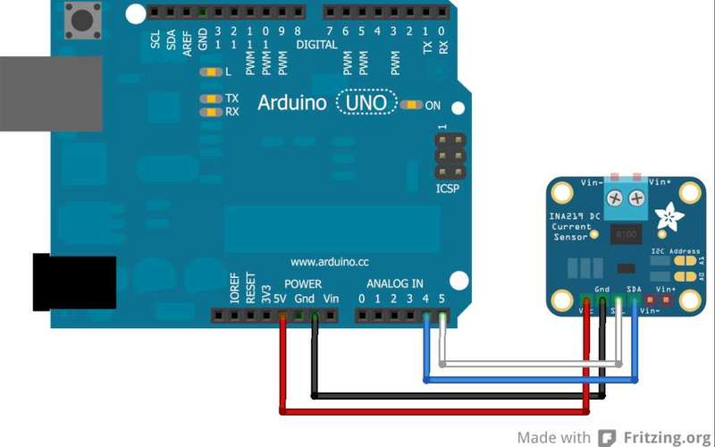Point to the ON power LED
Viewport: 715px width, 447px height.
tap(411, 105)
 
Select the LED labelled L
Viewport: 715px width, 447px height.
tap(212, 72)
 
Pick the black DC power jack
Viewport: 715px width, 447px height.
tap(75, 282)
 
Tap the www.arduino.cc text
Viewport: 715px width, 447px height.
tap(330, 263)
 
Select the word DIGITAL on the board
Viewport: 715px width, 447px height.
tap(316, 45)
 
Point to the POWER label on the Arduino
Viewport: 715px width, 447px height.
tap(302, 284)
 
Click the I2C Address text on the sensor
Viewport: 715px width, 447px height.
tap(676, 251)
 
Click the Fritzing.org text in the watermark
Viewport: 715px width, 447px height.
tap(666, 437)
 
